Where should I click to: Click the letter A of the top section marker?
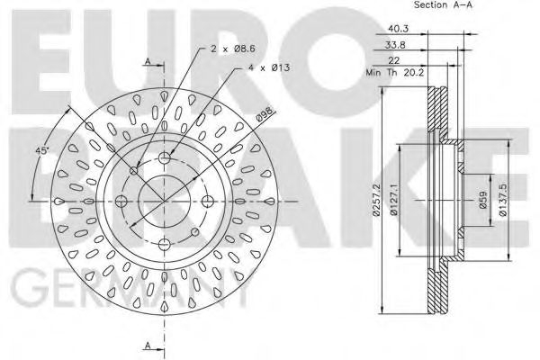point(148,61)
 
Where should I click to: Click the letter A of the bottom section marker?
point(148,345)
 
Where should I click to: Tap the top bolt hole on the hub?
point(165,158)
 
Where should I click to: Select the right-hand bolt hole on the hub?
point(206,200)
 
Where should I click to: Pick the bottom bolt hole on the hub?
point(165,241)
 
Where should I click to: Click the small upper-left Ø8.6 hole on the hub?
point(135,170)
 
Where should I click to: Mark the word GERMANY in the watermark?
point(126,292)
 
